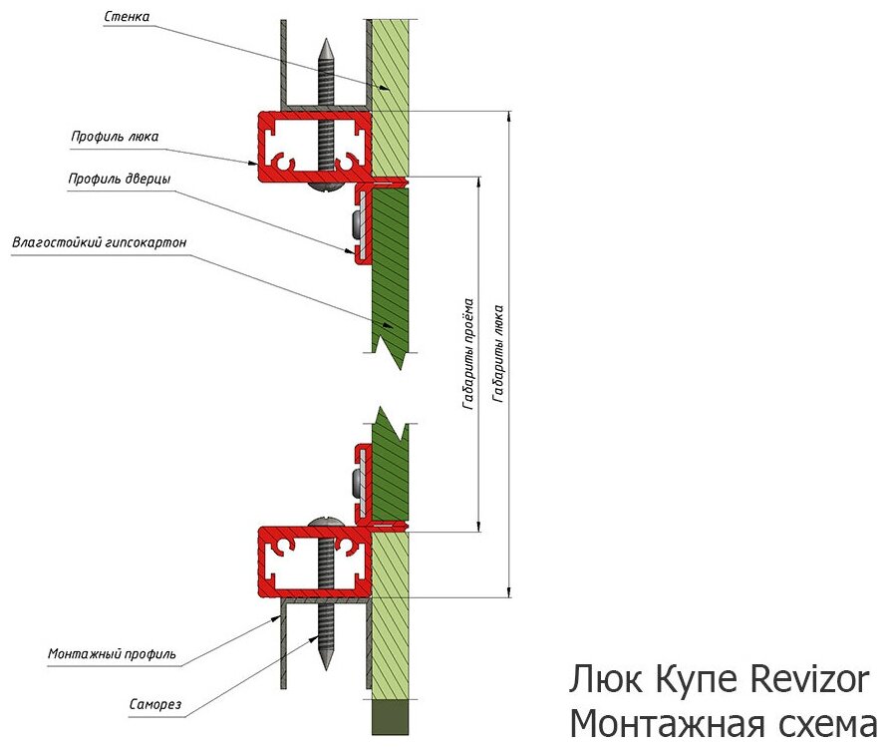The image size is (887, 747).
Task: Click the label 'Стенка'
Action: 129,16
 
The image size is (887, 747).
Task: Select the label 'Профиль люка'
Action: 115,137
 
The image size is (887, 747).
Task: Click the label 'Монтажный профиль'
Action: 113,654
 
